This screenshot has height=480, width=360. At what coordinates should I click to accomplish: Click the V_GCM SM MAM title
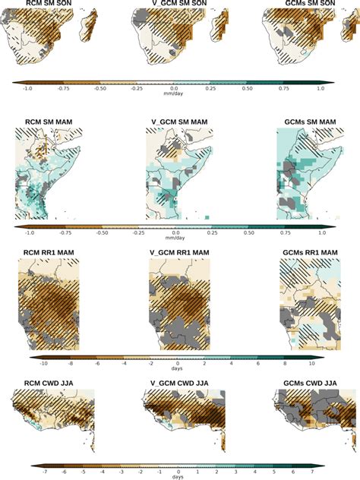pyautogui.click(x=179, y=122)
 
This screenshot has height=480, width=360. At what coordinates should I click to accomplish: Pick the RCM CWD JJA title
pyautogui.click(x=47, y=384)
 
